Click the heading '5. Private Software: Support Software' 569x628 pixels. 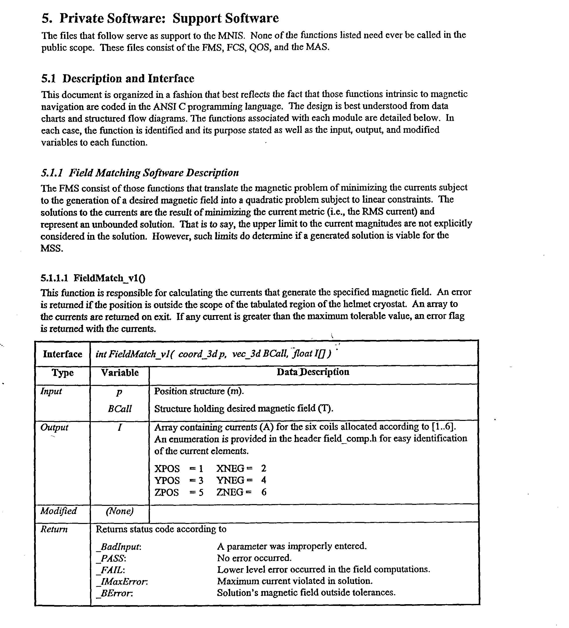160,18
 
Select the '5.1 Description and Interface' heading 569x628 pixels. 118,78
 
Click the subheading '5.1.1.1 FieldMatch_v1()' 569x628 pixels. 93,278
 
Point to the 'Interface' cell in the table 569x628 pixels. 62,354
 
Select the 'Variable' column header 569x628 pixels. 120,372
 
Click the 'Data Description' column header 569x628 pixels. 313,372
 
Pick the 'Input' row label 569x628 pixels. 51,391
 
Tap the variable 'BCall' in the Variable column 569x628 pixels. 120,409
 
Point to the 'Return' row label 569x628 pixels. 54,529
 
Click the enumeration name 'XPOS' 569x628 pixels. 167,469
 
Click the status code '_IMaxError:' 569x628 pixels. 122,582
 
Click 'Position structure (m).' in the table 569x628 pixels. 199,391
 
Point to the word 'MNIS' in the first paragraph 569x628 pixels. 231,35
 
